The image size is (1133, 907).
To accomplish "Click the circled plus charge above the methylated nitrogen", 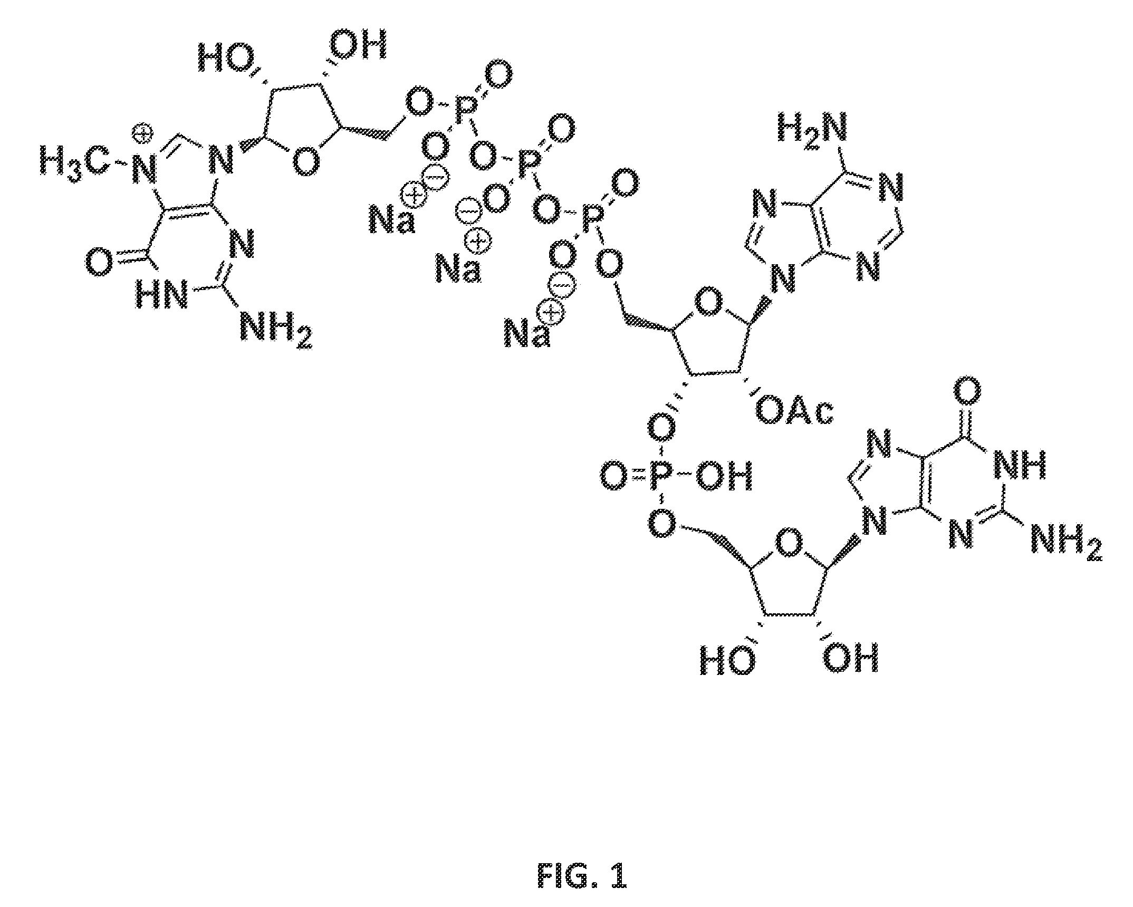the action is coord(141,133).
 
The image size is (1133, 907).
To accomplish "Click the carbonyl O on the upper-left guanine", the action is coord(99,262).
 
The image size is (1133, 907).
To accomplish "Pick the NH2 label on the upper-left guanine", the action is coord(276,329).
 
